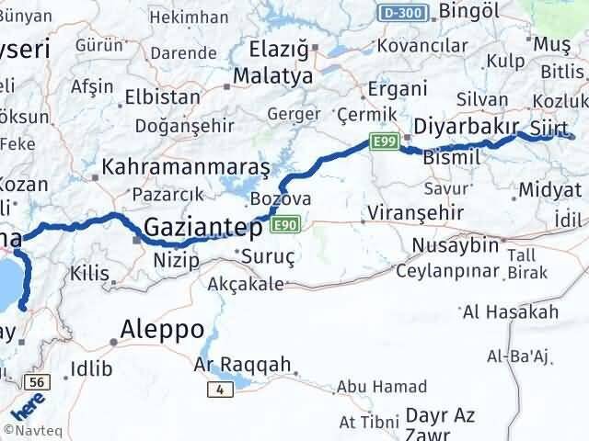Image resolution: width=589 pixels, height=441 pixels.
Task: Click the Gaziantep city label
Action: tap(205, 228)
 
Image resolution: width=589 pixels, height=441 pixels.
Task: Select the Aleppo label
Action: tap(162, 330)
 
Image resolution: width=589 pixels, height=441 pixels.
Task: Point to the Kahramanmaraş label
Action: tap(186, 168)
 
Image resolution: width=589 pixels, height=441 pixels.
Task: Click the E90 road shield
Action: tap(285, 224)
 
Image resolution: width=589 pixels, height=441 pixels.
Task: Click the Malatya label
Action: tap(273, 76)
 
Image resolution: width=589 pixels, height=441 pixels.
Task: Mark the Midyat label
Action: tap(549, 190)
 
